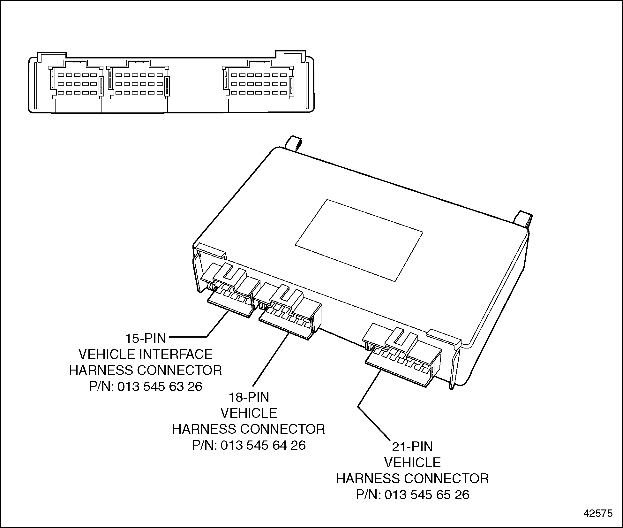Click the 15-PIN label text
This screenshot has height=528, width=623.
(x=146, y=338)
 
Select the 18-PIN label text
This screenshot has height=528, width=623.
(x=249, y=397)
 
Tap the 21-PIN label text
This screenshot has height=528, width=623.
(x=412, y=447)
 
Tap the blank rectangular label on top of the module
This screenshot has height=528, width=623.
(x=359, y=241)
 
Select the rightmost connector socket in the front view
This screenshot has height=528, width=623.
(x=259, y=84)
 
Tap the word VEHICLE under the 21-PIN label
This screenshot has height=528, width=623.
(x=412, y=463)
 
